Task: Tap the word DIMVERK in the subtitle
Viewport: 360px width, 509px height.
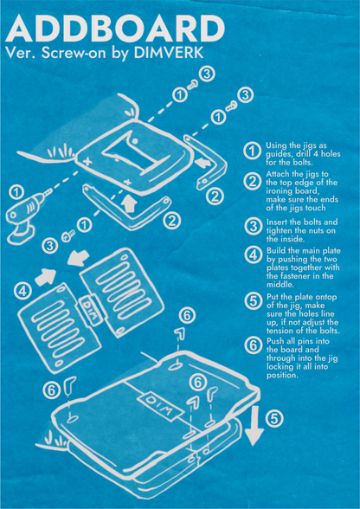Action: point(169,54)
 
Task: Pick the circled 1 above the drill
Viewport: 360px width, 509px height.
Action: point(15,193)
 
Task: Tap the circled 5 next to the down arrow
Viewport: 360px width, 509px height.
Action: point(274,419)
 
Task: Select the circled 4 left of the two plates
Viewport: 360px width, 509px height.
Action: point(22,291)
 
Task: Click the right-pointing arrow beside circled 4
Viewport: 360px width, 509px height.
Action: point(46,278)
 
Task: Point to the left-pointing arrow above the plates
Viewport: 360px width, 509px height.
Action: point(77,257)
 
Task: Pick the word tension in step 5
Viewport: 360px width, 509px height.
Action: point(280,331)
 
